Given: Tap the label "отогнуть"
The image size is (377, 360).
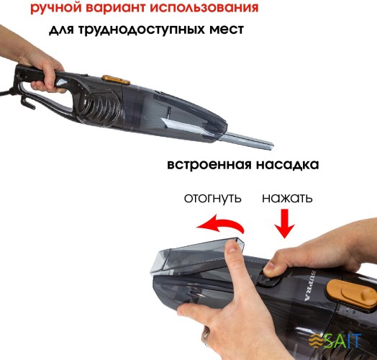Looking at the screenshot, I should click(213, 198).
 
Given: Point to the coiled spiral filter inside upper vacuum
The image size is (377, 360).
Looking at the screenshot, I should click(101, 112).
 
